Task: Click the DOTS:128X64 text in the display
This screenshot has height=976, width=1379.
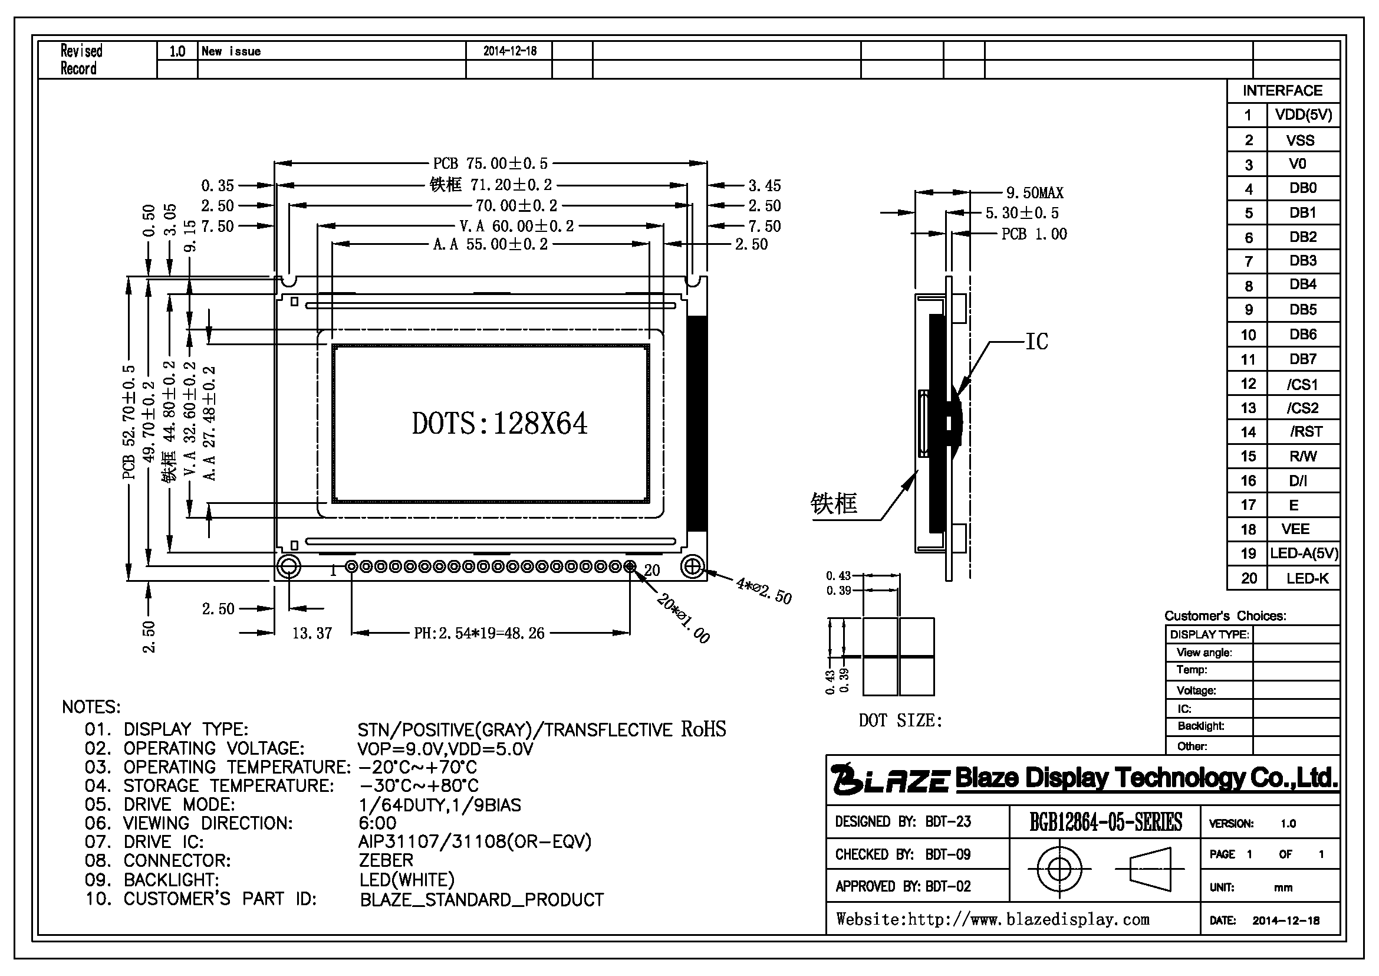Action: coord(499,423)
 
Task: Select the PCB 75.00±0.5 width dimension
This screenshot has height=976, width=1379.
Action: coord(490,163)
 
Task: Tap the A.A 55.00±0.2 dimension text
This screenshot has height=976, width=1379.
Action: coord(490,244)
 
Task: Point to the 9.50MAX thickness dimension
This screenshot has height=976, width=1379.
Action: coord(1035,193)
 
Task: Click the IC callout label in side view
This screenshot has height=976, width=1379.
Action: coord(1036,341)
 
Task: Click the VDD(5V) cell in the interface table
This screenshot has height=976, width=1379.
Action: coord(1304,115)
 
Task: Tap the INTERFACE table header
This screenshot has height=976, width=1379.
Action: coord(1282,91)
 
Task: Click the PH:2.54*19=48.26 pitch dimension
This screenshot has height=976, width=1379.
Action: coord(479,633)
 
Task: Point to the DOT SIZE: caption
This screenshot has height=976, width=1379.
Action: coord(900,720)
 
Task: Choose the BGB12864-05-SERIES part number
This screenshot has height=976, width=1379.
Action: coord(1105,821)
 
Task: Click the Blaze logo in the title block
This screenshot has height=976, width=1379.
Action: coord(890,779)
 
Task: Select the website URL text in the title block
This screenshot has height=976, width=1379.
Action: coord(993,919)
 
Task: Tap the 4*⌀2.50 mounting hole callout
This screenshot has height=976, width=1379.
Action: coord(764,591)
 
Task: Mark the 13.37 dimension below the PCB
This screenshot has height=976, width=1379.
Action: coord(312,633)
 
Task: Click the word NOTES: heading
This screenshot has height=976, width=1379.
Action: coord(91,707)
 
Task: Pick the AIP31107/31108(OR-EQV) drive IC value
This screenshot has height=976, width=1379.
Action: coord(475,841)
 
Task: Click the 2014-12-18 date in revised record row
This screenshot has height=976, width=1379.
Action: coord(510,51)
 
